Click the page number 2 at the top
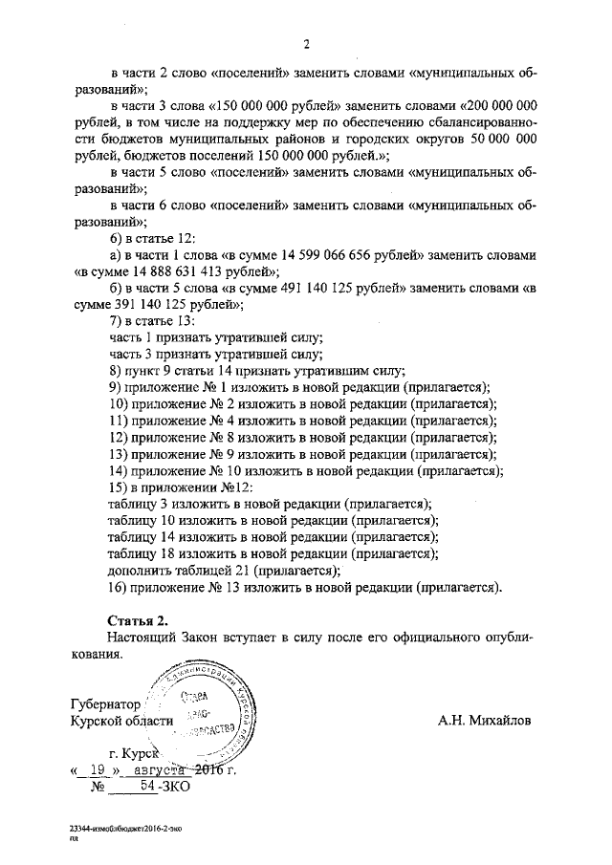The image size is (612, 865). pos(306,43)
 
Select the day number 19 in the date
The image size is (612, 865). pos(96,769)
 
